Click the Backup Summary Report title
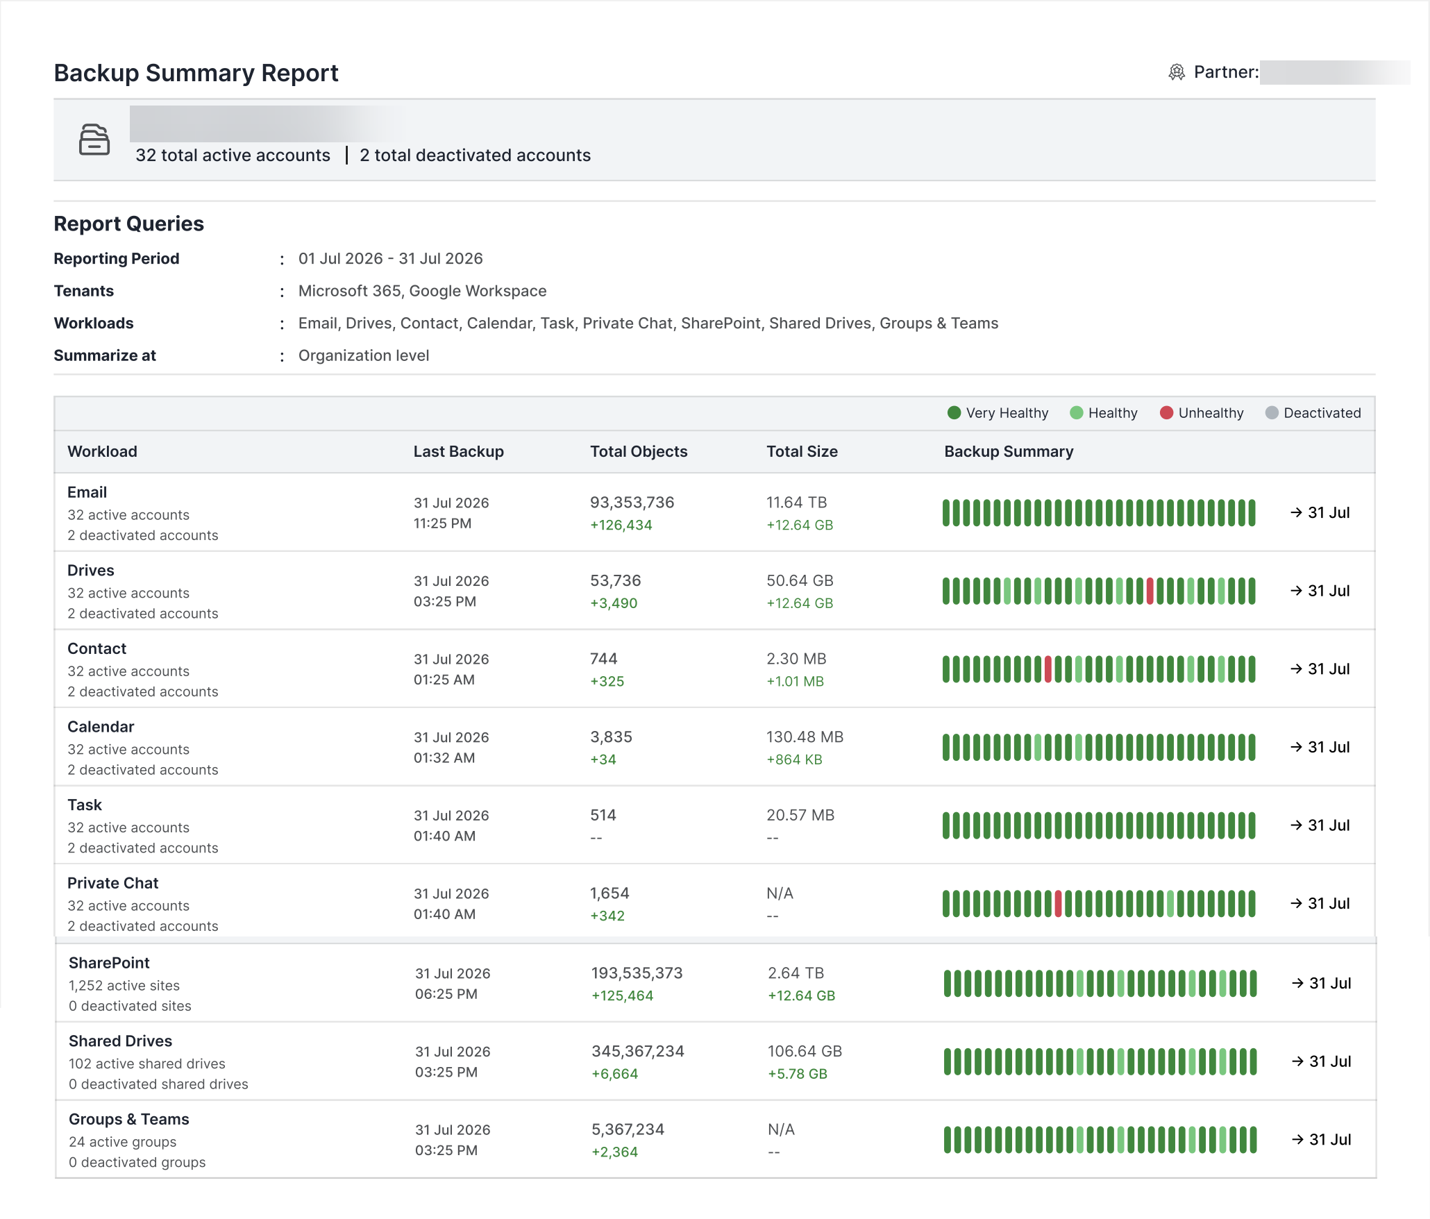[x=196, y=73]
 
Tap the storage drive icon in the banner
[x=94, y=140]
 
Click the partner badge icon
[x=1177, y=72]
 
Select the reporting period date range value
[x=390, y=258]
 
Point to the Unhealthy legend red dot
[x=1166, y=413]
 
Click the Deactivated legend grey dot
[x=1272, y=413]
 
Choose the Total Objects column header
[x=639, y=451]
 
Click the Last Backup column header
[x=458, y=451]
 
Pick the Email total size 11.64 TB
[x=796, y=502]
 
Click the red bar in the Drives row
[x=1150, y=591]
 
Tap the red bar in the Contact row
[x=1048, y=669]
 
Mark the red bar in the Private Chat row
[x=1058, y=904]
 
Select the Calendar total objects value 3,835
[x=611, y=737]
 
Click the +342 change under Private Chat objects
[x=607, y=916]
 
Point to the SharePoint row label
[x=109, y=963]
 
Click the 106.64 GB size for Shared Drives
[x=805, y=1051]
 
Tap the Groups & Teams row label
[x=128, y=1119]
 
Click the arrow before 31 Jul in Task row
[x=1296, y=825]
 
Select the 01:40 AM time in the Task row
[x=444, y=836]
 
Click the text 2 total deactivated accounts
[x=475, y=155]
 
